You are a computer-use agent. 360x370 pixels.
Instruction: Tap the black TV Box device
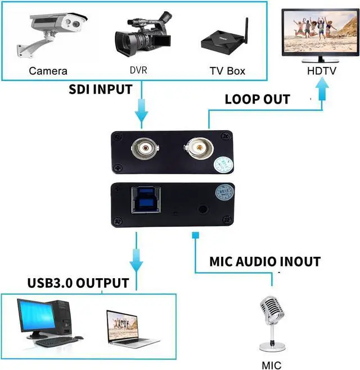point(223,42)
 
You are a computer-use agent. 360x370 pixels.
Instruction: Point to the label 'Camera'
point(48,71)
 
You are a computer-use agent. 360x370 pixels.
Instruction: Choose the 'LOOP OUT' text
point(257,100)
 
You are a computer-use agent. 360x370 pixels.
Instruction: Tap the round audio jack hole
point(201,207)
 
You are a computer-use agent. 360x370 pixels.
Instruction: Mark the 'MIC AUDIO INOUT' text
point(265,262)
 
